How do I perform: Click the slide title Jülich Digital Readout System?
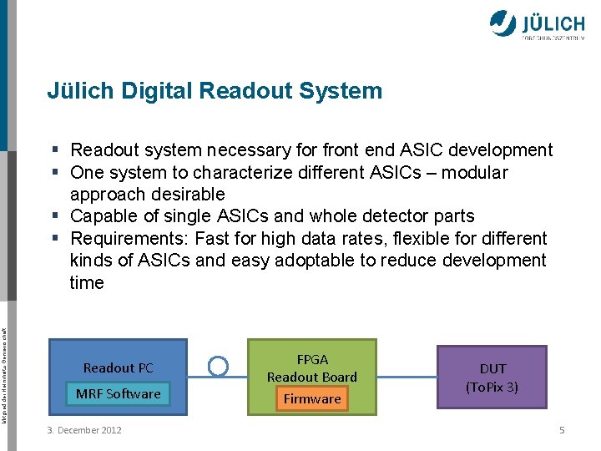click(x=215, y=91)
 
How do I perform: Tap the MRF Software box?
click(x=118, y=394)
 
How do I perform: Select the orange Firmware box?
click(x=312, y=399)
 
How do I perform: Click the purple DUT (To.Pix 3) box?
click(x=492, y=378)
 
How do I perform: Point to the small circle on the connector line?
click(x=218, y=366)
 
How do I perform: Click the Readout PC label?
click(x=118, y=367)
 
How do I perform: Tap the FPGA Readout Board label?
click(x=312, y=368)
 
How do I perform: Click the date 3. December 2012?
click(x=85, y=430)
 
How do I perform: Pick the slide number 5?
click(x=562, y=430)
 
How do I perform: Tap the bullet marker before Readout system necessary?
click(x=54, y=150)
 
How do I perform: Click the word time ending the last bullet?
click(x=87, y=283)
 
